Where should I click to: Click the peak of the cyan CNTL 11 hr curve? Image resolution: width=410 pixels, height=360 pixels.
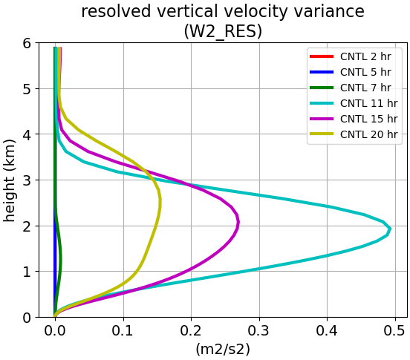(390, 229)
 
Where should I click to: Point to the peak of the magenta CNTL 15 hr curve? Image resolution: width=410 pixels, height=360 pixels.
(238, 223)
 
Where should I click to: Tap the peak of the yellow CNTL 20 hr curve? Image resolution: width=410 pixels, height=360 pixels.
(160, 201)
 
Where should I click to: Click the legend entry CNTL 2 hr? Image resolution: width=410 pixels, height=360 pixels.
(351, 56)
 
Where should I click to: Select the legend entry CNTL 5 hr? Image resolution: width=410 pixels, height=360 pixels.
(351, 72)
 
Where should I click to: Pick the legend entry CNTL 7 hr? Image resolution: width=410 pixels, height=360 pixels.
(351, 88)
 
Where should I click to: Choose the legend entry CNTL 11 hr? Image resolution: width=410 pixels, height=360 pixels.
(354, 103)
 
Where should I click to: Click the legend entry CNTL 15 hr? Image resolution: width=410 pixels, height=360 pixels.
(354, 119)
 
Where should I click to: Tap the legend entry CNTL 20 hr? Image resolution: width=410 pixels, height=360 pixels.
(354, 134)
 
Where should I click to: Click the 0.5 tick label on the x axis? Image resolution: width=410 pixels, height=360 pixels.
(395, 331)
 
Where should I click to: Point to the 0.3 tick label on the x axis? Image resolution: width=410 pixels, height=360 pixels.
(259, 331)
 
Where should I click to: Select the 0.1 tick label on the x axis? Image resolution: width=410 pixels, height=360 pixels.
(123, 331)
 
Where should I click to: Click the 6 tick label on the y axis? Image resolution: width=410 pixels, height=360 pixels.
(27, 43)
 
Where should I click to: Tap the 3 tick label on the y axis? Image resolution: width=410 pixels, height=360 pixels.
(27, 180)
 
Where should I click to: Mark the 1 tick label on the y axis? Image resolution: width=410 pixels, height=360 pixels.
(27, 272)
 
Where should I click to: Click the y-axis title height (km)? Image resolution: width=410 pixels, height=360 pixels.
(10, 180)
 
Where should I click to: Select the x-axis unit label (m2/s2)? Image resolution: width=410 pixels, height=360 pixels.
(223, 350)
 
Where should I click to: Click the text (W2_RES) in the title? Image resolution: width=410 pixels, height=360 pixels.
(223, 32)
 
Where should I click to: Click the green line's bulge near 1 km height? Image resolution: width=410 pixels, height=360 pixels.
(60, 258)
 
